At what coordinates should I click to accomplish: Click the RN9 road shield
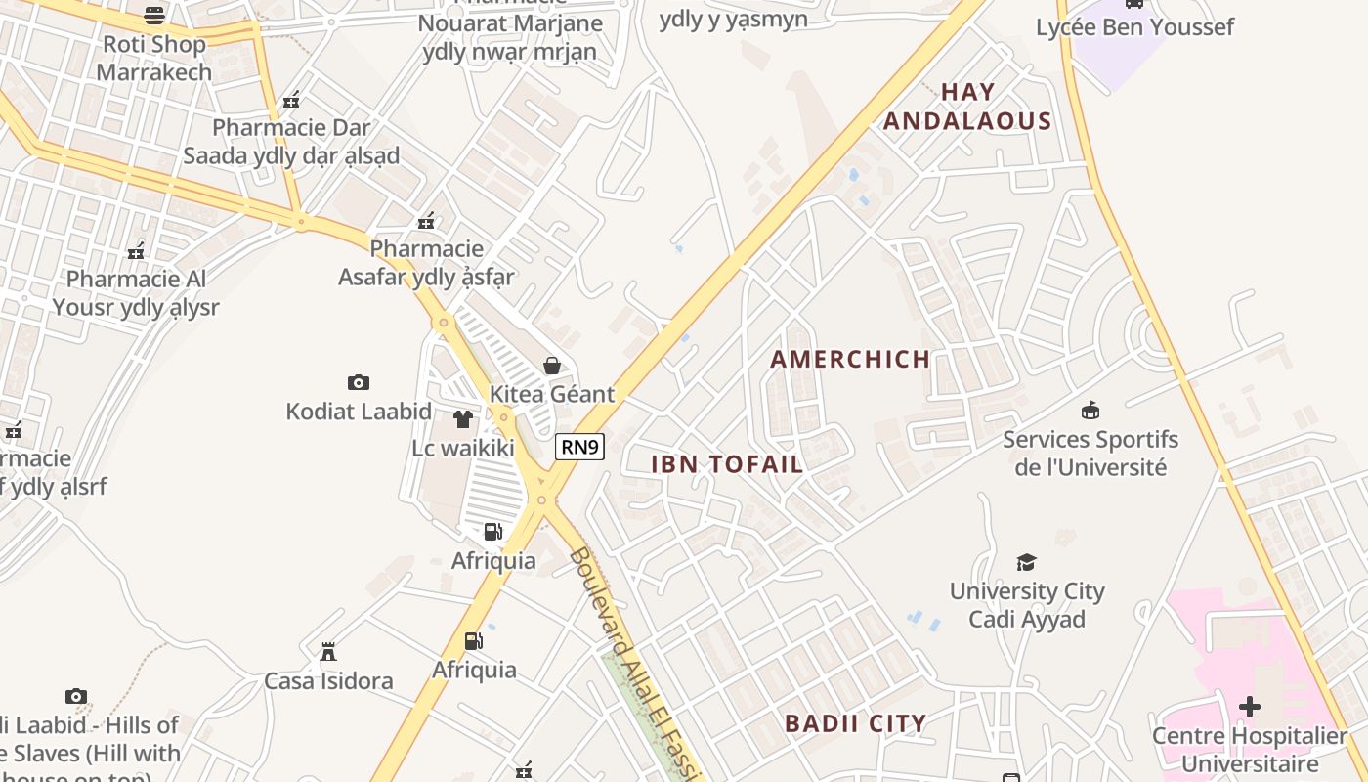[x=580, y=448]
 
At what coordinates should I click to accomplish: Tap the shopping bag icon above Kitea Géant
[x=552, y=366]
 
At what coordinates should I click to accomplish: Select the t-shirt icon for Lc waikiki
[x=463, y=419]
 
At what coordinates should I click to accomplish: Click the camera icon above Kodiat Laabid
[x=359, y=382]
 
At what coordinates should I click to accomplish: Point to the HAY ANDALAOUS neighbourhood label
[x=967, y=107]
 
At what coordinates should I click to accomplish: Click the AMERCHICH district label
[x=850, y=359]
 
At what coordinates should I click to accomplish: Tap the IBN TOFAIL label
[x=727, y=464]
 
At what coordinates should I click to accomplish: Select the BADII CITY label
[x=856, y=724]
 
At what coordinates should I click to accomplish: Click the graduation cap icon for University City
[x=1026, y=562]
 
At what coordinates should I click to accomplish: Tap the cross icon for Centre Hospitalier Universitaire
[x=1249, y=706]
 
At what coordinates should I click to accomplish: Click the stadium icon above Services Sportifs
[x=1090, y=411]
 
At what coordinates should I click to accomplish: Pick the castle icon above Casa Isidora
[x=328, y=651]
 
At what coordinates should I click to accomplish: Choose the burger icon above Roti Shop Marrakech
[x=154, y=15]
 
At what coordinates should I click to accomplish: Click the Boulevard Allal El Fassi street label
[x=635, y=666]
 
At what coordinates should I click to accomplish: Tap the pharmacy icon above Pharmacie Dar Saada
[x=291, y=99]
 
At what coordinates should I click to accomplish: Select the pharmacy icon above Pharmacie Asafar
[x=426, y=221]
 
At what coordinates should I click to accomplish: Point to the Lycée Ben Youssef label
[x=1134, y=26]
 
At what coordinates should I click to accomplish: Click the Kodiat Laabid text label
[x=359, y=412]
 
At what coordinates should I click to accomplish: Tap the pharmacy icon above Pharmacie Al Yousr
[x=136, y=251]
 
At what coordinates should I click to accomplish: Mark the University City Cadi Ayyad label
[x=1027, y=605]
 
